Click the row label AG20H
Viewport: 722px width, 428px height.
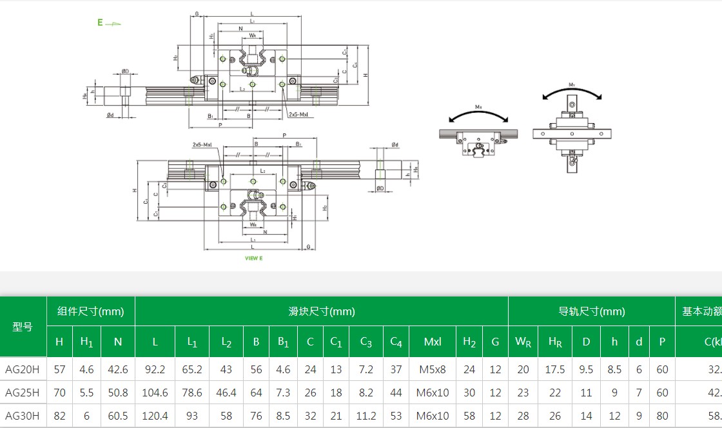(23, 369)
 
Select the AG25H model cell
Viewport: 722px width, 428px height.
(23, 393)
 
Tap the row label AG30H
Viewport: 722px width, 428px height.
(23, 416)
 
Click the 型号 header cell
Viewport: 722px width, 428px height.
(23, 326)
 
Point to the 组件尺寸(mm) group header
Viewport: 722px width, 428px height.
(90, 311)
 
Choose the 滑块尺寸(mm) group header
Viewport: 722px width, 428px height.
(322, 311)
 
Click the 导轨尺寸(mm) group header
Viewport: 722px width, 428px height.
(591, 311)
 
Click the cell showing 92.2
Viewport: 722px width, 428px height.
(155, 369)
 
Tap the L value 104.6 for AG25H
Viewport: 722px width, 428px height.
(155, 393)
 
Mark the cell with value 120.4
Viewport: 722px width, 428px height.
(155, 416)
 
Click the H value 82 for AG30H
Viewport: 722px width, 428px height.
(59, 416)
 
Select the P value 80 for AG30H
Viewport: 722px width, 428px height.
(662, 416)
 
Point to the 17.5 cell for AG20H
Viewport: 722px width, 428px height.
(555, 369)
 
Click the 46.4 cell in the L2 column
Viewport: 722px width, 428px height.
(226, 393)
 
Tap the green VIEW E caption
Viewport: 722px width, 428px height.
(253, 258)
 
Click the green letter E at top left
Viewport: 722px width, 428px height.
(101, 23)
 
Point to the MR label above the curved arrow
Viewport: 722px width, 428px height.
(479, 106)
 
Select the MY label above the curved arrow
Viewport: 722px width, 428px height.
(572, 84)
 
